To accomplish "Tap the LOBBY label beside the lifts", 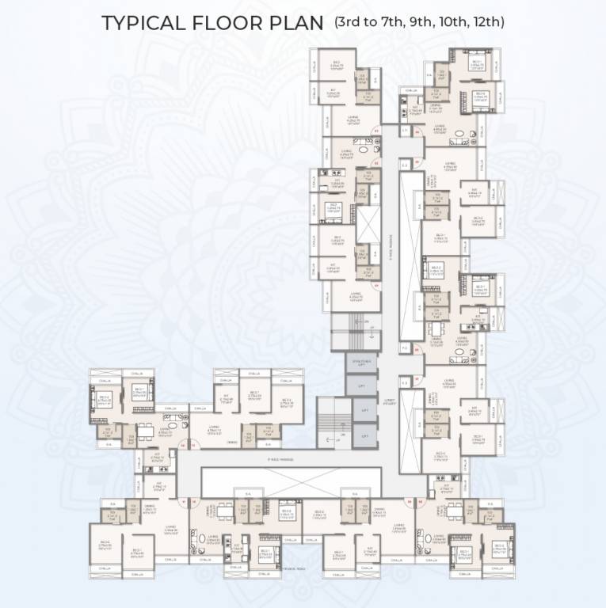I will pos(387,401).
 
